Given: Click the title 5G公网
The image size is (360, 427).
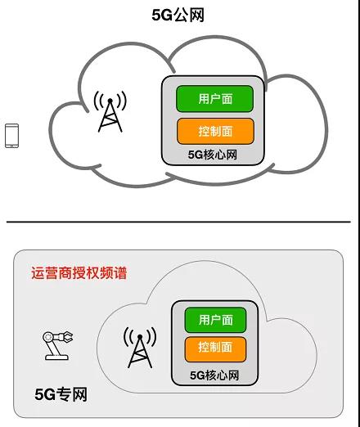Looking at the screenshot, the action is (x=178, y=15).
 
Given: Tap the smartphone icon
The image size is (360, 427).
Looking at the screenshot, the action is (x=12, y=136).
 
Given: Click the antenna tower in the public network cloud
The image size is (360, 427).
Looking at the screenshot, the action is (x=110, y=112).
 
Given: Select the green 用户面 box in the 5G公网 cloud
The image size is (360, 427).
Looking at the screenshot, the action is (x=215, y=99).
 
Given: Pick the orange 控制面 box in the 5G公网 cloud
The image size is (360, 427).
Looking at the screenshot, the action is (x=215, y=131).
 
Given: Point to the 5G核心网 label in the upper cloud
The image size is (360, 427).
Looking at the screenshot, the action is (x=212, y=155).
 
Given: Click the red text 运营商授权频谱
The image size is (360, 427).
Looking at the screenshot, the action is (x=79, y=273).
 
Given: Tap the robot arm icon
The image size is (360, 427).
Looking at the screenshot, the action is (x=57, y=345).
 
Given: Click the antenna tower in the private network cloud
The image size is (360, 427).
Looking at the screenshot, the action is (x=140, y=348).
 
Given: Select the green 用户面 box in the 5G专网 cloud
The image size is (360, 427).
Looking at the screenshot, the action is (x=215, y=320).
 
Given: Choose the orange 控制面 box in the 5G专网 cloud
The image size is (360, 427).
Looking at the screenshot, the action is (x=215, y=349).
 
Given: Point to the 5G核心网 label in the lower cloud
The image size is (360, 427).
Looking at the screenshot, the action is (x=214, y=375).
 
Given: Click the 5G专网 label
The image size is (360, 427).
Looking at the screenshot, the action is (x=61, y=394).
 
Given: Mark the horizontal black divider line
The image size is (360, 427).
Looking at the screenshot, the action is (x=178, y=222).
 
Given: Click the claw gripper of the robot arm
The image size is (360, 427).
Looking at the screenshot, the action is (x=67, y=337).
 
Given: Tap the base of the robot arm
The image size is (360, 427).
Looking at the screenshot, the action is (x=56, y=357).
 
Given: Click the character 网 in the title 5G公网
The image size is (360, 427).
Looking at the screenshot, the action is (x=196, y=16).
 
